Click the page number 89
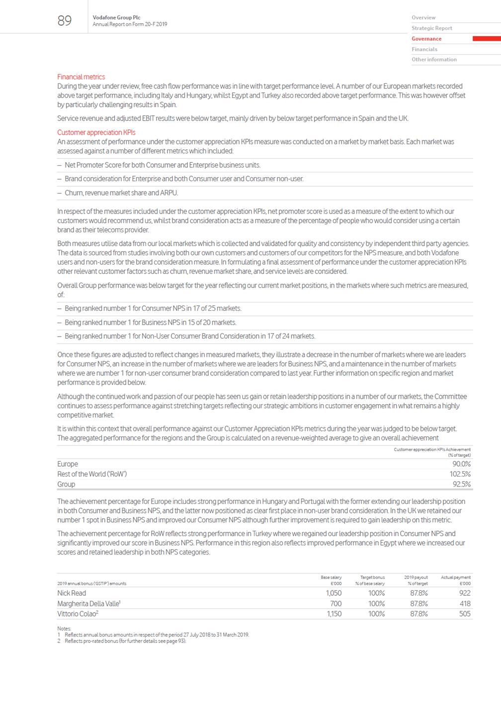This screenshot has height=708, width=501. pos(65,20)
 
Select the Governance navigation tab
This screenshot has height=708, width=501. pos(426,39)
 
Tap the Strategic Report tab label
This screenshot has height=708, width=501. pos(431,28)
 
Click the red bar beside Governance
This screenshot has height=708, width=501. pos(486,39)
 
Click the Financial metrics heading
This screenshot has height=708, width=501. pos(81,77)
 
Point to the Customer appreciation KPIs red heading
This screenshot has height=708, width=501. pos(96,133)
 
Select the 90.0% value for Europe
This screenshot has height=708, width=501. pos(461,464)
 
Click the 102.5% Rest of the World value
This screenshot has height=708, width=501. pos(460,474)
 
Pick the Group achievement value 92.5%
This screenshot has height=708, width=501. pos(461,484)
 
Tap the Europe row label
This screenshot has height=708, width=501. pos(68,464)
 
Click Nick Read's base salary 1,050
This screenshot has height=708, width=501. pos(334,593)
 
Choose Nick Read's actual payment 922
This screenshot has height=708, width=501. pos(464,593)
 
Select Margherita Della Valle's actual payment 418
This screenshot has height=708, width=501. pos(465,604)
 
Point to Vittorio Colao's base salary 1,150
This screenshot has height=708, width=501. pos(334,614)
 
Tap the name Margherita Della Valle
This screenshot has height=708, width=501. pos(88,604)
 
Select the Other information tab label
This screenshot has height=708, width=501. pos(434,60)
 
